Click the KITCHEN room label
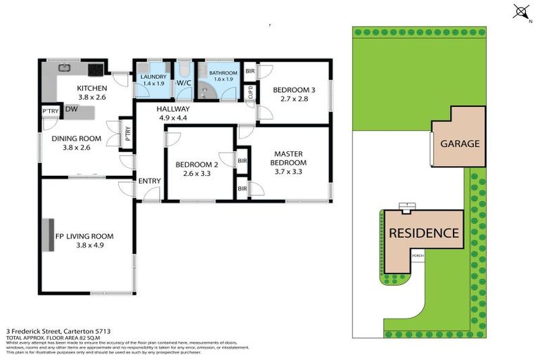[91, 88]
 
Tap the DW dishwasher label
[72, 110]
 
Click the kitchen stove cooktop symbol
[95, 69]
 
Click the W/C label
[184, 83]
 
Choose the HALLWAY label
[173, 109]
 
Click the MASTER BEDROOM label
[288, 158]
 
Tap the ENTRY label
[150, 181]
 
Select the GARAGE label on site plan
[460, 143]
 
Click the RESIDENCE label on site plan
[424, 233]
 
